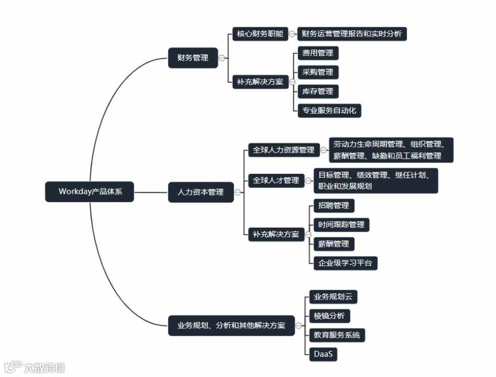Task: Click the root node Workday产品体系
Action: [x=90, y=192]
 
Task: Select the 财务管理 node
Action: [x=192, y=58]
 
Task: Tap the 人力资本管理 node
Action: [x=200, y=192]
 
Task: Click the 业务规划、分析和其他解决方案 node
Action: [x=231, y=326]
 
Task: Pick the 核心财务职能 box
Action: [x=260, y=34]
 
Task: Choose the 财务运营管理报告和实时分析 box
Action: [x=351, y=34]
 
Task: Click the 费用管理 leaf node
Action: [x=317, y=53]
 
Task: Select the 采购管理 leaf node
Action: [x=317, y=72]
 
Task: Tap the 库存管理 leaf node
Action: [x=317, y=92]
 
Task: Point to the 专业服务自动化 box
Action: [x=329, y=110]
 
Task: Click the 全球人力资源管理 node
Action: [x=283, y=150]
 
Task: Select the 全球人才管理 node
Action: [x=276, y=180]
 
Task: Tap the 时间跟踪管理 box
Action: [x=341, y=225]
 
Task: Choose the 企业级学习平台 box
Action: [x=344, y=263]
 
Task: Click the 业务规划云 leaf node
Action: [x=333, y=297]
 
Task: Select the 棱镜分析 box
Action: [x=329, y=316]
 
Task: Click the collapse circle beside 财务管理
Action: [x=222, y=58]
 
